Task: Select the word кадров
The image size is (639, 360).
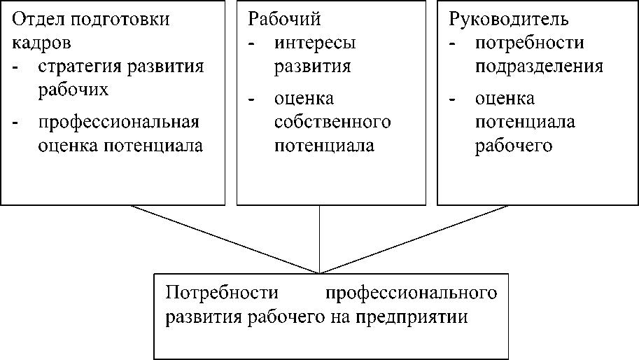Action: pyautogui.click(x=41, y=43)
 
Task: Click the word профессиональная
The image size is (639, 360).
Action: pyautogui.click(x=119, y=123)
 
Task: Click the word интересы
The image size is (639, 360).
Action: pyautogui.click(x=315, y=43)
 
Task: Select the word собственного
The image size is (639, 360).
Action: pyautogui.click(x=332, y=123)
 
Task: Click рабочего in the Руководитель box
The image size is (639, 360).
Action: pyautogui.click(x=514, y=146)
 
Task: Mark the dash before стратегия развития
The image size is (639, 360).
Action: pyautogui.click(x=15, y=67)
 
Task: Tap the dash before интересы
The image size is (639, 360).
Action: pyautogui.click(x=251, y=43)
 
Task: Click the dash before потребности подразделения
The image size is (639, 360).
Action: pyautogui.click(x=452, y=43)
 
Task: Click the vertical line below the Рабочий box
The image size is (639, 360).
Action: pyautogui.click(x=319, y=239)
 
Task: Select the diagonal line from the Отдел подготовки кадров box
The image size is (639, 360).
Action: pyautogui.click(x=224, y=239)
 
